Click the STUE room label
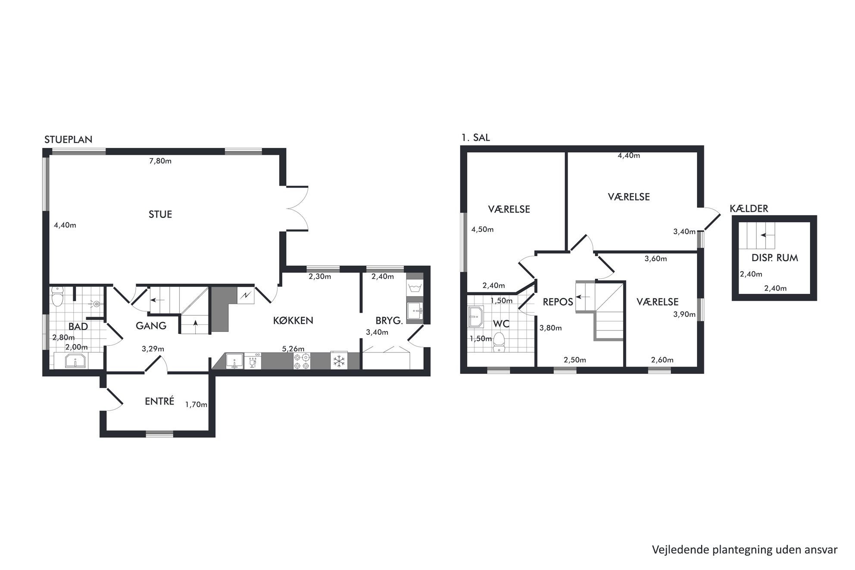pos(160,215)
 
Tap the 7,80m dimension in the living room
pos(160,162)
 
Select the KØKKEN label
pos(293,321)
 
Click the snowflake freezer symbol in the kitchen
pos(339,361)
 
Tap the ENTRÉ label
pos(159,401)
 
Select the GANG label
pos(151,326)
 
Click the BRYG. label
pos(389,321)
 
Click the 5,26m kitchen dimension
pos(293,349)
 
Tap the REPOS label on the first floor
pos(558,302)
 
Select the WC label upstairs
pos(502,324)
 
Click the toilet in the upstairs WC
pos(499,342)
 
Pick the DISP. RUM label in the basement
pos(775,258)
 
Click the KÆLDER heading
pos(749,209)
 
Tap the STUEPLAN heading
pos(69,140)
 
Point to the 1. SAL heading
pos(476,138)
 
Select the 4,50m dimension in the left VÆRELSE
pos(482,230)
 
